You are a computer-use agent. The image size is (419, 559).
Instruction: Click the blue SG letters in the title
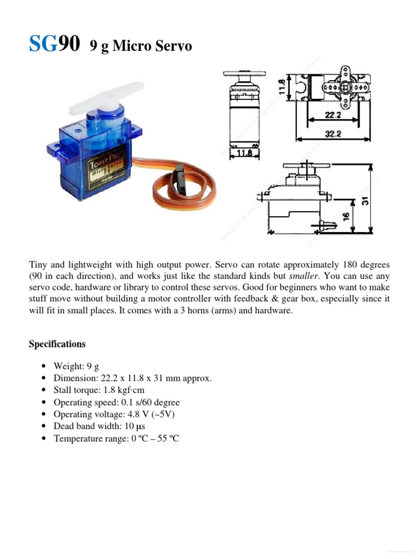tap(43, 44)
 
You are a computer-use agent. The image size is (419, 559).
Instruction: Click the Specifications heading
tap(57, 344)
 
